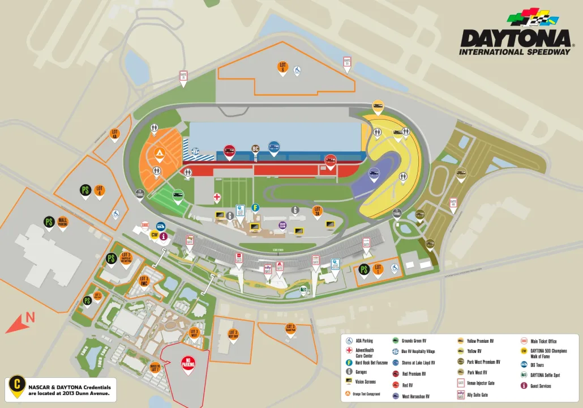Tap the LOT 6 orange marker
click(x=282, y=67)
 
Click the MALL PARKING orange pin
click(x=63, y=222)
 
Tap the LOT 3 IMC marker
click(x=144, y=280)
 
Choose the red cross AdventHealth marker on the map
click(x=216, y=197)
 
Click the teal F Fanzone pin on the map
click(x=255, y=207)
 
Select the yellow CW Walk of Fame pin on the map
click(x=153, y=235)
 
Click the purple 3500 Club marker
click(x=282, y=225)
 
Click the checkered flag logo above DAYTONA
click(x=532, y=17)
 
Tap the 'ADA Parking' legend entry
click(x=363, y=341)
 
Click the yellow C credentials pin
click(x=17, y=387)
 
